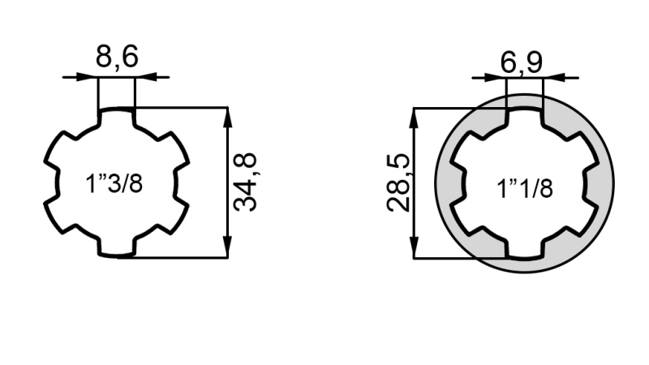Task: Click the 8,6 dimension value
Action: pos(116,57)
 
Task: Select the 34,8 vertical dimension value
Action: pos(246,182)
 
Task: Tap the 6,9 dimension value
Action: pos(521,62)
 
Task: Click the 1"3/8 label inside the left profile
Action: pos(114,183)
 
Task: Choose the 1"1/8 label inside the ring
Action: pos(524,189)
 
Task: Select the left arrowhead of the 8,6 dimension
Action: pos(88,77)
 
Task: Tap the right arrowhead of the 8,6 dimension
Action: pos(145,77)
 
